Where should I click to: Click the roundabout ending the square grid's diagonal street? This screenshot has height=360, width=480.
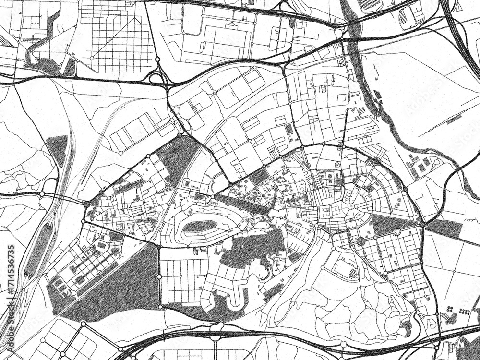coord(91,58)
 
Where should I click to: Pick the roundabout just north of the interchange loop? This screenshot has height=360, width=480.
coord(157,60)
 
